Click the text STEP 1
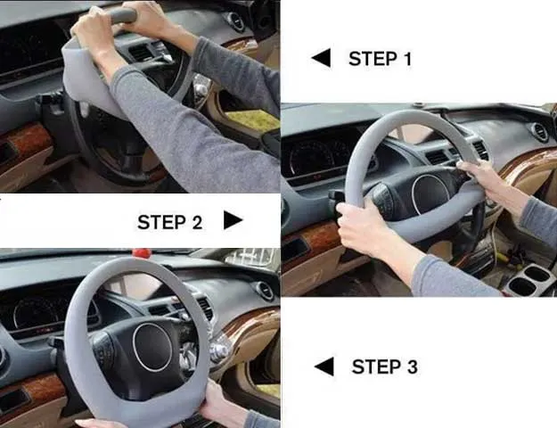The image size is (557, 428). point(380,59)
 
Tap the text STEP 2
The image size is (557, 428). point(170,222)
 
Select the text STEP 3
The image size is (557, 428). point(384,366)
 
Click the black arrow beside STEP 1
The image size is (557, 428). point(321,58)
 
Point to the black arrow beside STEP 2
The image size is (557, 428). point(233,220)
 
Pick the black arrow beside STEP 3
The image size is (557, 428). point(324,366)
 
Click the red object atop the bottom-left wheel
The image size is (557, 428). point(142,253)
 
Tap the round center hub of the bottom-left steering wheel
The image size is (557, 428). point(152,348)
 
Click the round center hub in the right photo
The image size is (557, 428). point(430,194)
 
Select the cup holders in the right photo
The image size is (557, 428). point(530,280)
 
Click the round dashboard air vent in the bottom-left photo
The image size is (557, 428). point(265,292)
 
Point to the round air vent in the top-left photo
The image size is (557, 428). point(234,21)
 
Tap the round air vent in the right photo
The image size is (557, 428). point(540,133)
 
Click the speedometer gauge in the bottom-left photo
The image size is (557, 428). point(36,313)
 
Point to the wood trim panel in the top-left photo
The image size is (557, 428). point(26,142)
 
